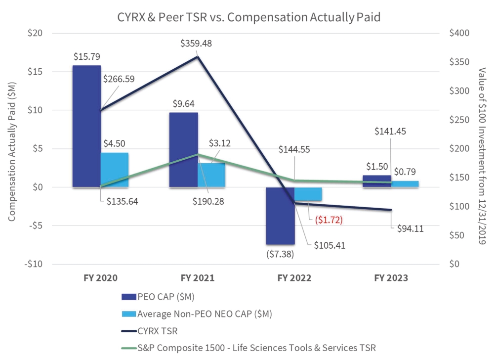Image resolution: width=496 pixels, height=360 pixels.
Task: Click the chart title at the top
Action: (248, 16)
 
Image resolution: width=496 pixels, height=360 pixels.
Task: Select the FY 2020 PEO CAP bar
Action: (86, 126)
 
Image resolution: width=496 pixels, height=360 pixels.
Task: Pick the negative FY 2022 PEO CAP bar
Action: (280, 216)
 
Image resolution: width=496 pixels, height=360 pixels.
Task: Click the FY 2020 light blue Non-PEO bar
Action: (114, 170)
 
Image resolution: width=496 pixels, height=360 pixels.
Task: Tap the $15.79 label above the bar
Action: (86, 57)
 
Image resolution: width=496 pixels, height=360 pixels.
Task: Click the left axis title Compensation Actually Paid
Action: (11, 148)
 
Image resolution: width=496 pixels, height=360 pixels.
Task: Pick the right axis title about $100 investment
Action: (483, 148)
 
